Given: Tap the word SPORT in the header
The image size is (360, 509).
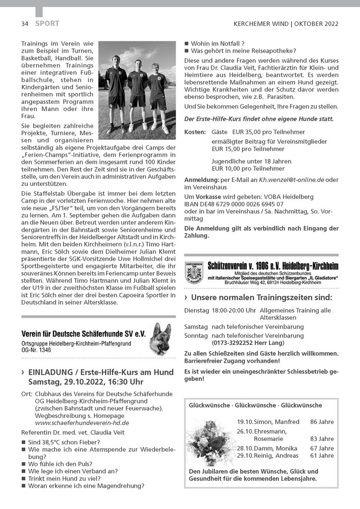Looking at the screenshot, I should (x=47, y=23).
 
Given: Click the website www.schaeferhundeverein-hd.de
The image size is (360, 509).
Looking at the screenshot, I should (x=82, y=423).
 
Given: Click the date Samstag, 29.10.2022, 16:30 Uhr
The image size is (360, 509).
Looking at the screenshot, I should (x=86, y=382).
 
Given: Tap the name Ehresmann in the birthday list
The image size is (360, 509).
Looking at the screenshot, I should (x=269, y=430).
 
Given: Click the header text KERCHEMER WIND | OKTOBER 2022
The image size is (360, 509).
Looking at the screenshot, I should (x=286, y=24).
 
